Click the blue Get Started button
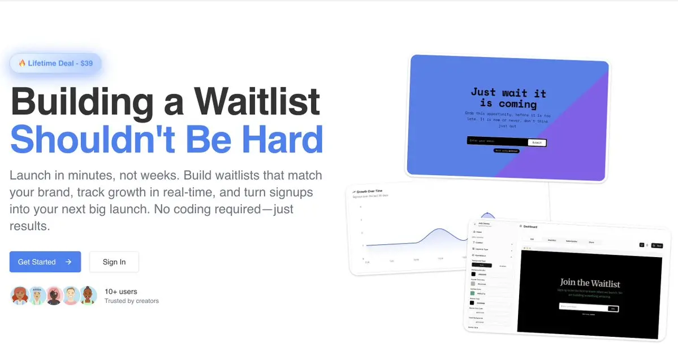click(45, 262)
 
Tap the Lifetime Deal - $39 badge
click(55, 63)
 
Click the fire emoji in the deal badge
click(22, 63)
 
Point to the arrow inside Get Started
click(68, 262)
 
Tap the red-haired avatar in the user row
click(20, 296)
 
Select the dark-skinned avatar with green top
click(88, 296)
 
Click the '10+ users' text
click(120, 292)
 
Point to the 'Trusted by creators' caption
click(131, 301)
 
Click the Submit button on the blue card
click(537, 142)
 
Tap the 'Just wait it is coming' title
click(508, 98)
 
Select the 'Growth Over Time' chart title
click(369, 191)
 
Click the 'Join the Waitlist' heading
click(590, 283)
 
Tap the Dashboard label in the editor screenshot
click(530, 227)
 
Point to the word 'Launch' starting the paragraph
click(27, 175)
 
